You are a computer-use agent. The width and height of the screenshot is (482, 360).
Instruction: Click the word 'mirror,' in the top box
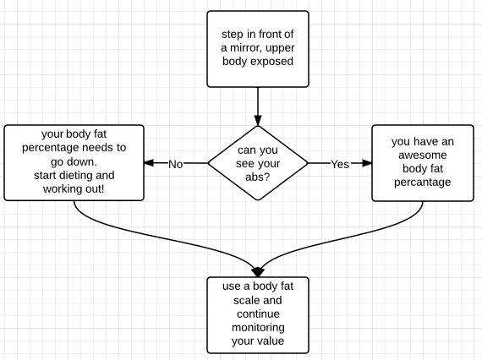pyautogui.click(x=246, y=48)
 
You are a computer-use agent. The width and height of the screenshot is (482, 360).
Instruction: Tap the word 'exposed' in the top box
pyautogui.click(x=275, y=62)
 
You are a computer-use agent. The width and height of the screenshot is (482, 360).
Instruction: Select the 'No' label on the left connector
pyautogui.click(x=176, y=164)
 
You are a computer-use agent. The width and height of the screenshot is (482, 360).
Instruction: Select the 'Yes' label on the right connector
pyautogui.click(x=340, y=164)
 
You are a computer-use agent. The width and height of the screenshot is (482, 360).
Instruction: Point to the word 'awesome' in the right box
pyautogui.click(x=422, y=155)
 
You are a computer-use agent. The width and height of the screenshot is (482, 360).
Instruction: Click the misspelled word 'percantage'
pyautogui.click(x=422, y=183)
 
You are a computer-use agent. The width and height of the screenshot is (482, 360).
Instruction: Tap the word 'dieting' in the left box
pyautogui.click(x=74, y=176)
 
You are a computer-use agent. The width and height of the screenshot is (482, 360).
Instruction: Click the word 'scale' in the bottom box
pyautogui.click(x=245, y=300)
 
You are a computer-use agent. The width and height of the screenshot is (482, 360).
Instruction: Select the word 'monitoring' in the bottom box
pyautogui.click(x=258, y=328)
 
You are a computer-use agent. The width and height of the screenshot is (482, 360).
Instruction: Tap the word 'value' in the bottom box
pyautogui.click(x=271, y=341)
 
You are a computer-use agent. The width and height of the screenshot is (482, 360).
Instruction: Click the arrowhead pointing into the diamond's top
pyautogui.click(x=258, y=120)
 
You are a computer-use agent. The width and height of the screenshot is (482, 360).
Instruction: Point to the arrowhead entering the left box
pyautogui.click(x=149, y=163)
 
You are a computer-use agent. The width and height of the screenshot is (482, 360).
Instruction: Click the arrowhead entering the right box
pyautogui.click(x=367, y=163)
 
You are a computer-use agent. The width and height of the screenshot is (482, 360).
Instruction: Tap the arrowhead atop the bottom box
pyautogui.click(x=258, y=272)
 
